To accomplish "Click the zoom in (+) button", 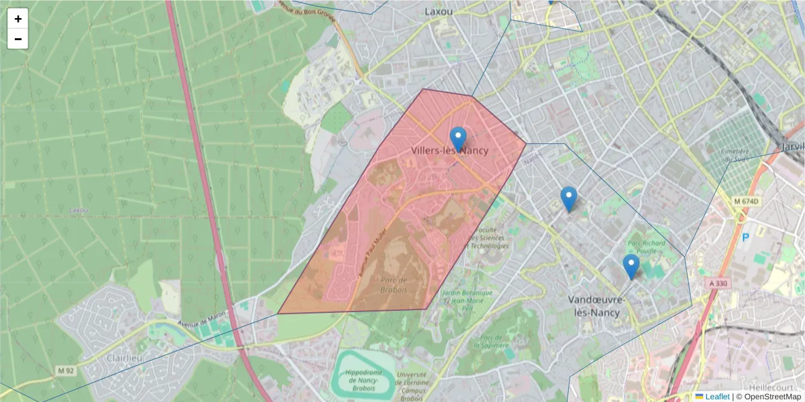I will click(18, 19).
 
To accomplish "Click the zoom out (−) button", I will click(18, 39).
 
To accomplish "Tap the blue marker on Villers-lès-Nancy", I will click(458, 139).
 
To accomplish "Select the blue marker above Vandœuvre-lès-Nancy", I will click(631, 266).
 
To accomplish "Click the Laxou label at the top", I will click(439, 11).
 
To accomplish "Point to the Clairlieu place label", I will click(125, 358).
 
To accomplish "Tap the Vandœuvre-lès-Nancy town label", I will click(596, 306).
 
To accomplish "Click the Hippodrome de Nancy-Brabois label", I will click(364, 380).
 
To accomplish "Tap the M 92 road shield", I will click(65, 371).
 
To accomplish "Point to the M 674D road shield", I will click(747, 202).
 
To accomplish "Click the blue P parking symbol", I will click(745, 237).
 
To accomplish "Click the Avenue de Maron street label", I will click(201, 317).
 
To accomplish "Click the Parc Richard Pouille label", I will click(647, 247).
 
